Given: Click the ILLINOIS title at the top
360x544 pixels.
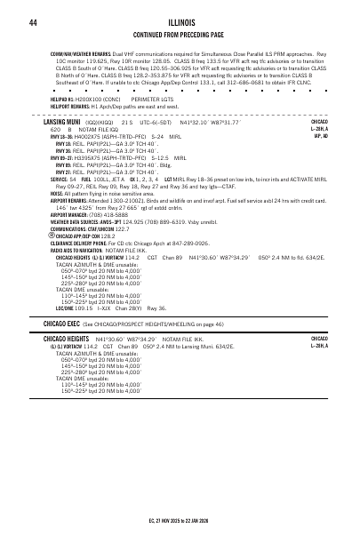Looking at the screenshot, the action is click(x=180, y=20).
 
